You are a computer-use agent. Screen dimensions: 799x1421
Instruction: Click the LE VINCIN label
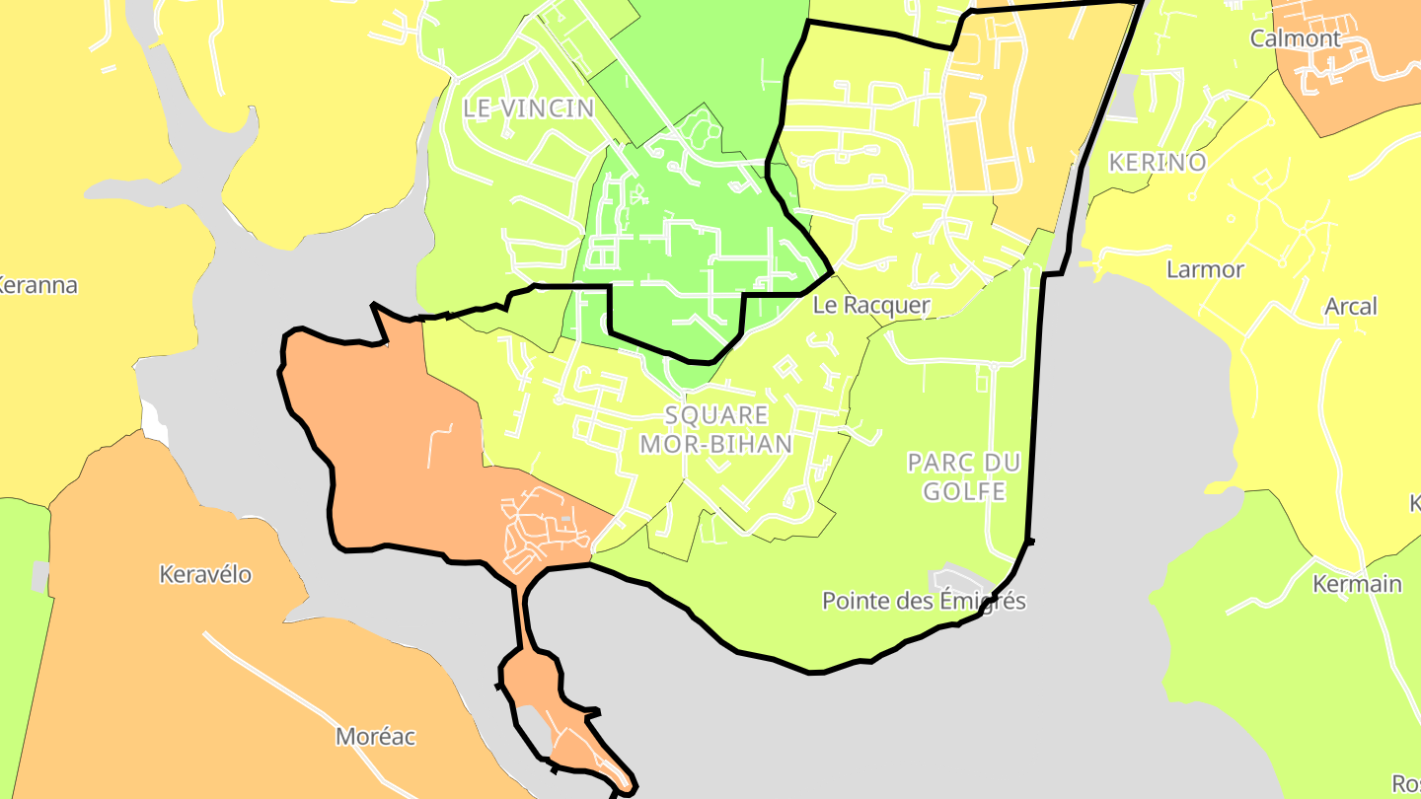[x=529, y=109]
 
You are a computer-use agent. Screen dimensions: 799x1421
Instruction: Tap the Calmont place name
[x=1296, y=38]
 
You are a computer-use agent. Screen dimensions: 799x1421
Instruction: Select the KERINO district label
[x=1158, y=163]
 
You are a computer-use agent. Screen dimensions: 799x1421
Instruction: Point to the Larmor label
[x=1205, y=269]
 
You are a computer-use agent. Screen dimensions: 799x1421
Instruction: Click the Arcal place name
[x=1351, y=307]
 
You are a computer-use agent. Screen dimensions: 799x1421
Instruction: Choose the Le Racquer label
[x=871, y=306]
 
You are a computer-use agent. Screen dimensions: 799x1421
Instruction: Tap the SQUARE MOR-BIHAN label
[x=716, y=429]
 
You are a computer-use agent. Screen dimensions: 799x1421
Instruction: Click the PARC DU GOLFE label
[x=964, y=476]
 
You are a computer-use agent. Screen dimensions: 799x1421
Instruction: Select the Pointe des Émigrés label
[x=924, y=601]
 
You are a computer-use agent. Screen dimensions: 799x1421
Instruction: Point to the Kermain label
[x=1357, y=584]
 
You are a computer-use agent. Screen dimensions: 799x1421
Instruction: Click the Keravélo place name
[x=206, y=574]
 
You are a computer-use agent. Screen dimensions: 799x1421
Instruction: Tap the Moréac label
[x=376, y=736]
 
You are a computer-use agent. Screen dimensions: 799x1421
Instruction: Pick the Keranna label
[x=37, y=286]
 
